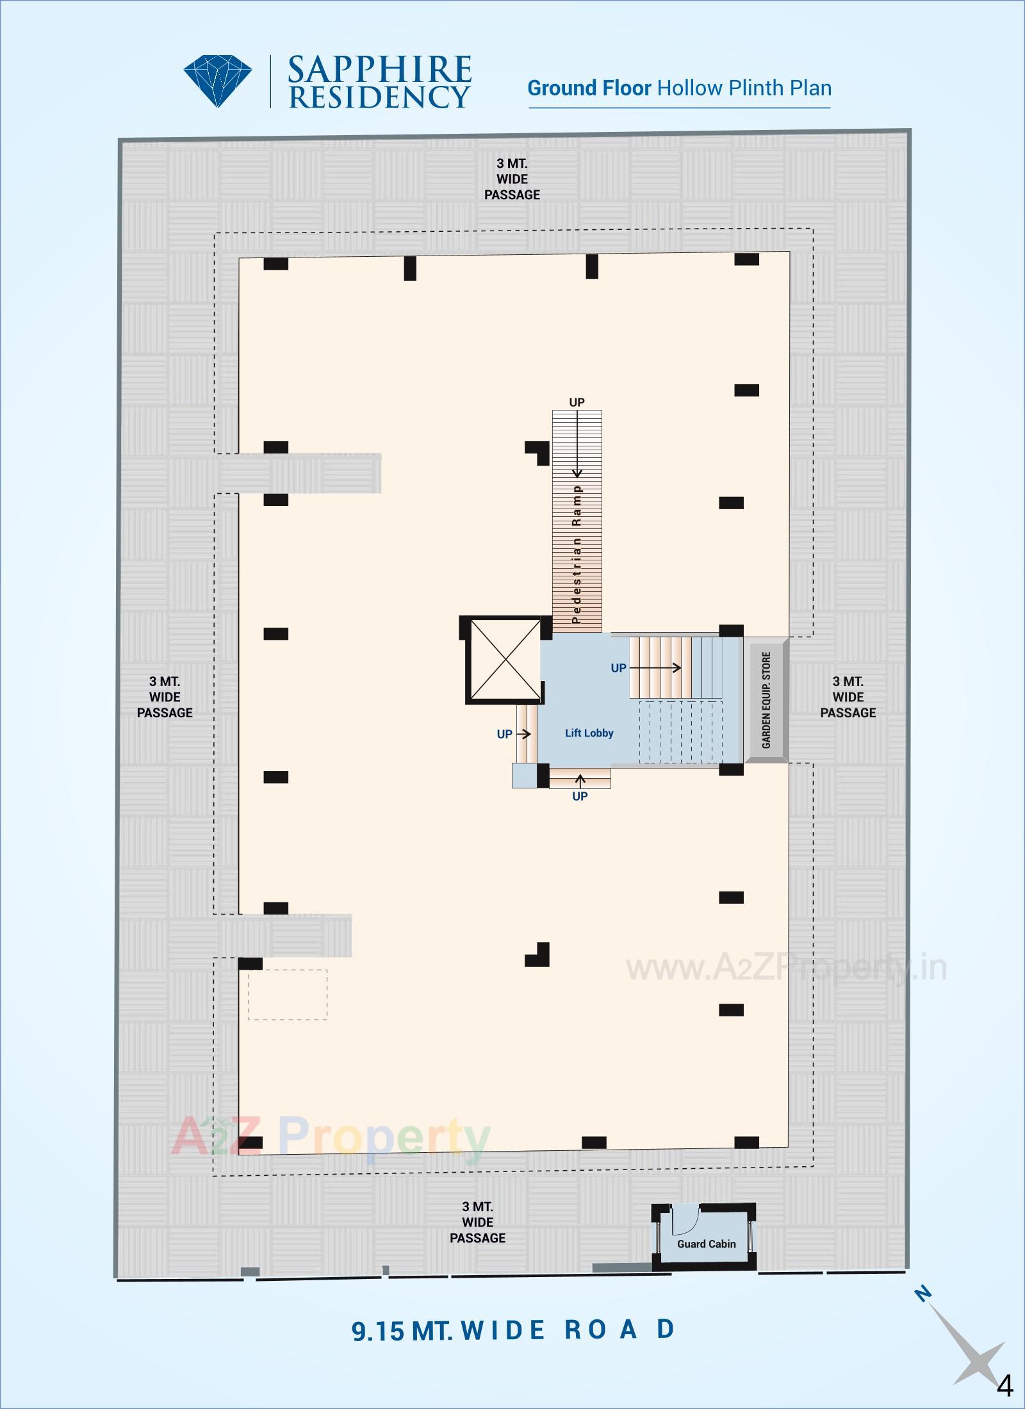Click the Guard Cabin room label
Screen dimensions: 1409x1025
point(706,1244)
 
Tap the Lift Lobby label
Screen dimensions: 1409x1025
point(589,733)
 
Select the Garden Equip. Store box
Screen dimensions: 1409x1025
point(767,700)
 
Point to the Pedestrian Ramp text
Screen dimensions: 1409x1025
point(577,553)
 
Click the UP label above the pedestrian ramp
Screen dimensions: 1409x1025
point(577,402)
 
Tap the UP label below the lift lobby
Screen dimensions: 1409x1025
point(580,796)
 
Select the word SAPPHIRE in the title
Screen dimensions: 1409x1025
point(379,70)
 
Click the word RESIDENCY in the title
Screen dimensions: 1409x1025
point(379,97)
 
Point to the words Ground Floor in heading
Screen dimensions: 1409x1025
point(589,88)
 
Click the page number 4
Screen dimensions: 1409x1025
point(1004,1382)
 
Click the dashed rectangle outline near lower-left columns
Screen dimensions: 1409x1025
point(288,995)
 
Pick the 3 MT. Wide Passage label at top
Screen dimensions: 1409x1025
point(512,179)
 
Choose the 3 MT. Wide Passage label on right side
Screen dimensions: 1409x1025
point(848,697)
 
